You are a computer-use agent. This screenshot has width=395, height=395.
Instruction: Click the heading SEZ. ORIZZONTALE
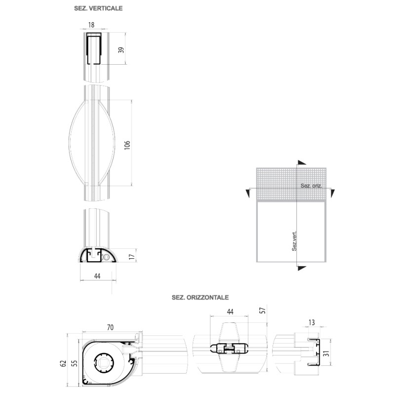click(199, 298)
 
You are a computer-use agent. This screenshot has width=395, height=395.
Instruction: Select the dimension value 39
click(120, 49)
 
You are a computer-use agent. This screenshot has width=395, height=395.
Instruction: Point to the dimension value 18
click(91, 24)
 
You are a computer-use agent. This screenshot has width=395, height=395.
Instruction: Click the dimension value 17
click(131, 256)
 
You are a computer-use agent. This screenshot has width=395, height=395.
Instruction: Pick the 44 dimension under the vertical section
click(97, 276)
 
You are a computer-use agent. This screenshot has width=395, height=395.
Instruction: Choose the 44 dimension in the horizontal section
click(230, 312)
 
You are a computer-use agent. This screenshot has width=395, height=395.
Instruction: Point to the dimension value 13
click(311, 322)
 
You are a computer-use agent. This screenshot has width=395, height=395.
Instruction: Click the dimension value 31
click(325, 354)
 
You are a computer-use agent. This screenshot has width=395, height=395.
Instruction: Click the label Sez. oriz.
click(311, 186)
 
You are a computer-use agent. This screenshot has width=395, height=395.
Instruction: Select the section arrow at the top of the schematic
click(301, 163)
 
